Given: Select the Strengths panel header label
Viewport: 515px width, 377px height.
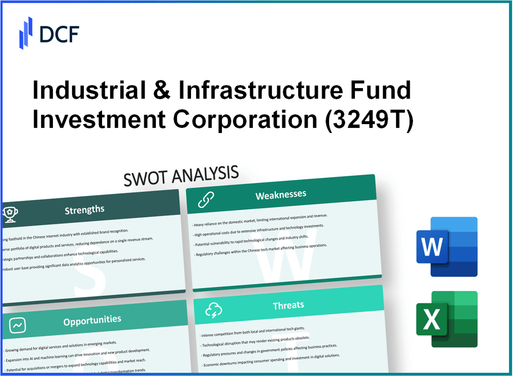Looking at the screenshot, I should coord(84,209).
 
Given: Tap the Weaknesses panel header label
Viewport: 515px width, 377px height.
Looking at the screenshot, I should coord(281,195).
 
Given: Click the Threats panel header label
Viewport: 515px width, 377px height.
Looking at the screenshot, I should coord(288,305).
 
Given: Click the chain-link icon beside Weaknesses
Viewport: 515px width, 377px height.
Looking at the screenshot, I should coord(206,199).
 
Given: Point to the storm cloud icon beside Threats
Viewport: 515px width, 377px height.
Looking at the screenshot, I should coord(213,310).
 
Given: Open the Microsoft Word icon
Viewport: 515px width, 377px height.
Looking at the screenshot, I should coord(447,246).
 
